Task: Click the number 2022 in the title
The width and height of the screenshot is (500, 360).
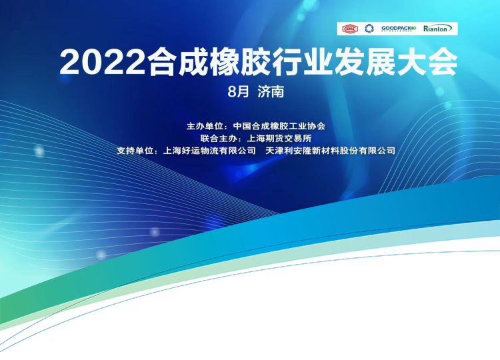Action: coord(103,62)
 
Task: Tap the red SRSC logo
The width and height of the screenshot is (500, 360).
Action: coord(350,29)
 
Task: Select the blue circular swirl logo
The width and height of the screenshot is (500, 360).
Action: coord(369,29)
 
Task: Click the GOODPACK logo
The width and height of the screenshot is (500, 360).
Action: coord(399,29)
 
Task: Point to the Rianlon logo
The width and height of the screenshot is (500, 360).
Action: coord(437,29)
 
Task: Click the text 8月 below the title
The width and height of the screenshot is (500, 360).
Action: coord(239,92)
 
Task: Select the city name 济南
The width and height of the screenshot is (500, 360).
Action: coord(271,92)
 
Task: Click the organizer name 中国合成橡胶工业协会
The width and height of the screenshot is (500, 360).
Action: coord(279,126)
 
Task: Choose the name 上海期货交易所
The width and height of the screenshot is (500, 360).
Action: coord(279,139)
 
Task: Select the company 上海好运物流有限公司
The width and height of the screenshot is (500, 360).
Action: coord(209,151)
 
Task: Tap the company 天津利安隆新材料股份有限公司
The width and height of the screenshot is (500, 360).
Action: coord(331,151)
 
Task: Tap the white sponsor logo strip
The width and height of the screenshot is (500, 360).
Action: coord(397,29)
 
